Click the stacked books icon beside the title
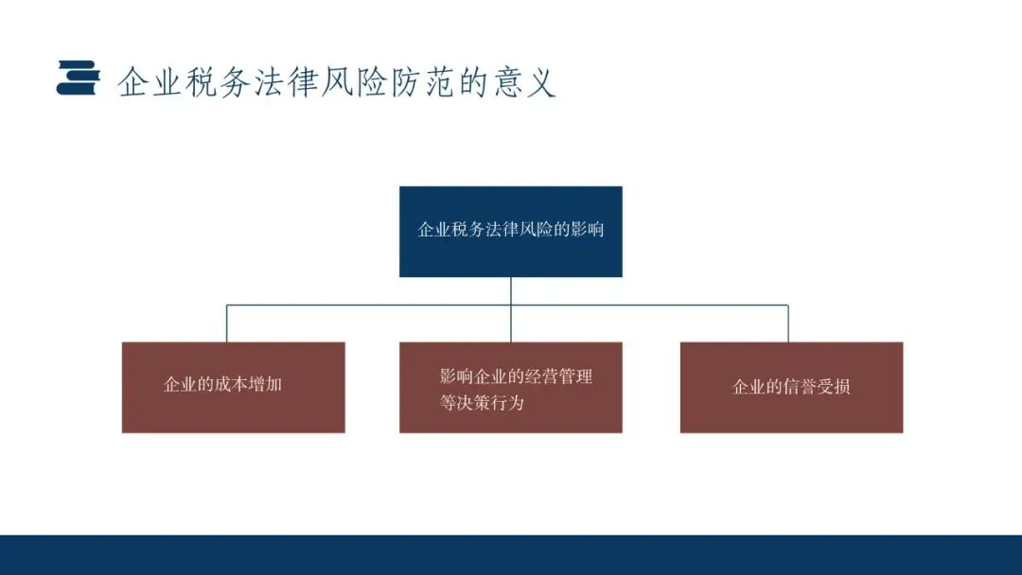[x=77, y=78]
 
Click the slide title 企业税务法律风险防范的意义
[x=336, y=82]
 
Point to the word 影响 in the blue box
[x=587, y=230]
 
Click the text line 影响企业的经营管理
[x=516, y=376]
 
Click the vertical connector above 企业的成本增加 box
[x=226, y=323]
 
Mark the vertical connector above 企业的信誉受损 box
[x=788, y=323]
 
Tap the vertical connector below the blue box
[x=511, y=291]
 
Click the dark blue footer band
[x=511, y=555]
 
